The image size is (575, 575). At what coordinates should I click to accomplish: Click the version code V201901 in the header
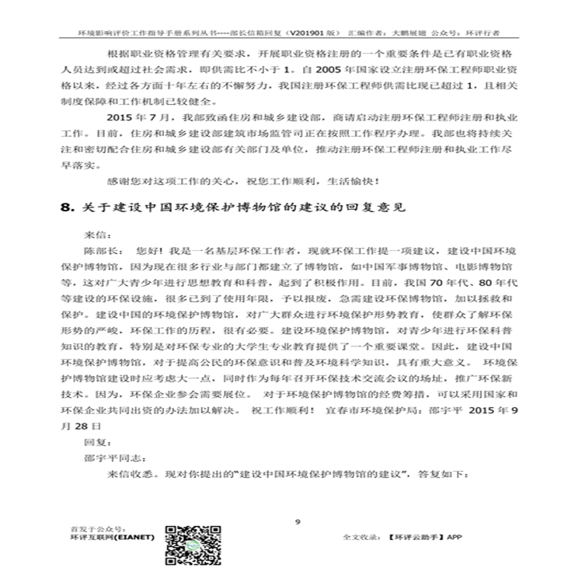(308, 34)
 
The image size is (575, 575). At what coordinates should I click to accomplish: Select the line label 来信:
(97, 234)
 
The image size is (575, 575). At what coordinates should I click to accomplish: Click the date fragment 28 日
(85, 427)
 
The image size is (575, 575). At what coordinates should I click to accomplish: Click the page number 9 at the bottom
(298, 521)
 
